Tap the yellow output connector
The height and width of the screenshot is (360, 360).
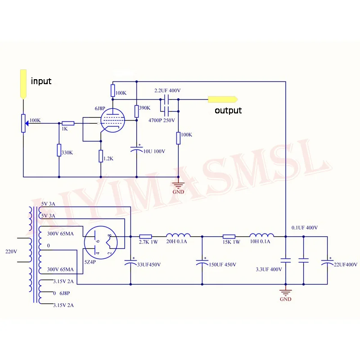pyautogui.click(x=223, y=99)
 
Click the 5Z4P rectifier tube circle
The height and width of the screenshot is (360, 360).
pyautogui.click(x=101, y=243)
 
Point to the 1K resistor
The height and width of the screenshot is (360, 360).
pyautogui.click(x=68, y=123)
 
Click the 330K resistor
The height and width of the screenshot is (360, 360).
pyautogui.click(x=59, y=150)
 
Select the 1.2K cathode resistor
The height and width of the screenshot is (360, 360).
pyautogui.click(x=100, y=156)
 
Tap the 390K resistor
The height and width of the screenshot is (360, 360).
pyautogui.click(x=136, y=111)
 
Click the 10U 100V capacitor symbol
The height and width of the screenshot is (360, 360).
pyautogui.click(x=136, y=150)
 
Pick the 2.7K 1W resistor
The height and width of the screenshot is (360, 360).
pyautogui.click(x=145, y=236)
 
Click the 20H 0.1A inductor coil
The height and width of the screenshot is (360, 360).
pyautogui.click(x=178, y=235)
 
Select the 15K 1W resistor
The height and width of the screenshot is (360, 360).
pyautogui.click(x=229, y=236)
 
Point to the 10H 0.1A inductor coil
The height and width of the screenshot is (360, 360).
pyautogui.click(x=261, y=235)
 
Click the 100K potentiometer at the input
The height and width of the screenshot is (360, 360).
pyautogui.click(x=23, y=123)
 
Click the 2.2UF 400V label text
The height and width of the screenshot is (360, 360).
pyautogui.click(x=167, y=90)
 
